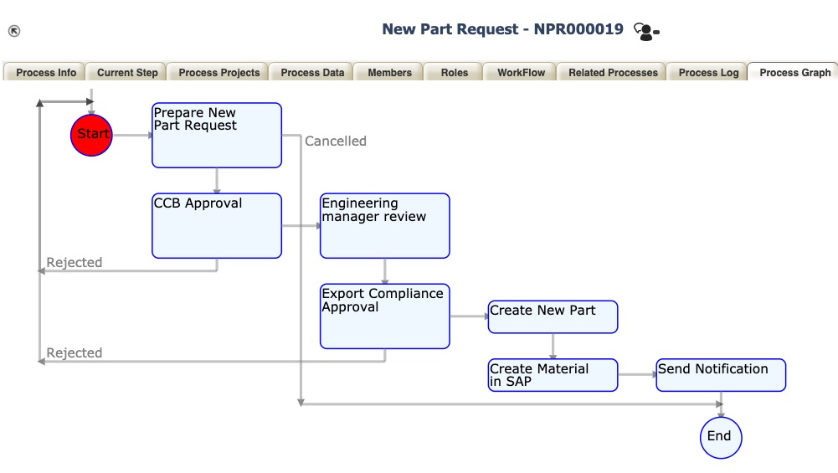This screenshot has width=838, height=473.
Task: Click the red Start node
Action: tap(90, 135)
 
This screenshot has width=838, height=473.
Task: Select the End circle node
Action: tap(720, 437)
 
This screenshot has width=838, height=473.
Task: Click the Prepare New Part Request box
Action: tap(216, 135)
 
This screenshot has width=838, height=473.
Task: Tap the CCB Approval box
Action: tap(216, 226)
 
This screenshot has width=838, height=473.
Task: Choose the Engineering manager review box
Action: tap(384, 226)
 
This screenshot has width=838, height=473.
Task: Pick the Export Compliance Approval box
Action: tap(384, 316)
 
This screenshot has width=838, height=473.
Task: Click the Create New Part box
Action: tap(553, 316)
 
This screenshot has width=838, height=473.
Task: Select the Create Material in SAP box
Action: tap(553, 375)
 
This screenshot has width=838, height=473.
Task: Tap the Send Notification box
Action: tap(720, 375)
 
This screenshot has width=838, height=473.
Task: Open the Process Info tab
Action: tap(46, 73)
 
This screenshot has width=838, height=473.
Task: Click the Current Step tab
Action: tap(127, 73)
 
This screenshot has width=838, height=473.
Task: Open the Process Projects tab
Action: tap(219, 73)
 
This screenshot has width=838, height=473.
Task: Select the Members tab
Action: tap(389, 73)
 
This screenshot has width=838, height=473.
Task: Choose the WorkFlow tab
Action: tap(521, 73)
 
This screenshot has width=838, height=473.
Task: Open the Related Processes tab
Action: tap(613, 73)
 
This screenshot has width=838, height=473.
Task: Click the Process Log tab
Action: tap(708, 73)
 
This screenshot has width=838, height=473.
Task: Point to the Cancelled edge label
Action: tap(335, 141)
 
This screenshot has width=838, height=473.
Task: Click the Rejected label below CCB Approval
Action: tap(75, 263)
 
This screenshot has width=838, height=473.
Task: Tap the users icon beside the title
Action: tap(645, 32)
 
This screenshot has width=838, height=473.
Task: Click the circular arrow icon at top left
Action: tap(14, 32)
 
